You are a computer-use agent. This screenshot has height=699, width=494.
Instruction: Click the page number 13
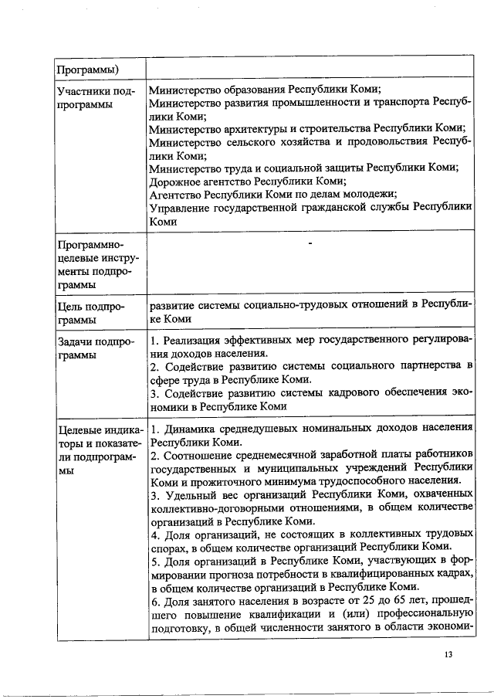click(448, 655)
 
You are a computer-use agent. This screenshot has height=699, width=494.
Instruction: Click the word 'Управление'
click(180, 207)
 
